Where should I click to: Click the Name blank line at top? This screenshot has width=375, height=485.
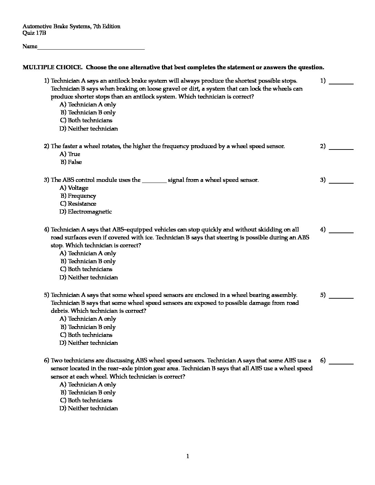tap(91, 48)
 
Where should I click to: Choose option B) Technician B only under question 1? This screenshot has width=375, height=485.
tap(88, 112)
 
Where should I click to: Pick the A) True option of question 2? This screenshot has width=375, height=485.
tap(70, 154)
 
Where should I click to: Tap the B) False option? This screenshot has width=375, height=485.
tap(71, 162)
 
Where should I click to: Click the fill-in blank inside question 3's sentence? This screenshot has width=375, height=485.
tap(154, 180)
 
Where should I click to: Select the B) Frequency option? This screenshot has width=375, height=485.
tap(78, 196)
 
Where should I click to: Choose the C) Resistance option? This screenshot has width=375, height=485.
tap(78, 204)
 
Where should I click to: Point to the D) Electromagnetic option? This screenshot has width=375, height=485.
tap(86, 211)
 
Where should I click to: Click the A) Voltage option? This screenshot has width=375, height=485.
tap(74, 188)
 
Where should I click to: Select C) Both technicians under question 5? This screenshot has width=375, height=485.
tap(86, 335)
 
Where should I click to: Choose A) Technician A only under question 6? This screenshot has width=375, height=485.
tap(88, 384)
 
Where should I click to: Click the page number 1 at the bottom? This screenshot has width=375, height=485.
tap(187, 456)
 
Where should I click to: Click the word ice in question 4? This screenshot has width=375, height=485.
tap(151, 237)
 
